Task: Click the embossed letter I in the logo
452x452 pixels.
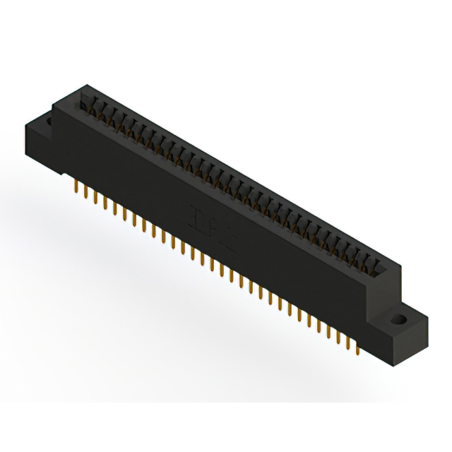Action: (196, 215)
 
